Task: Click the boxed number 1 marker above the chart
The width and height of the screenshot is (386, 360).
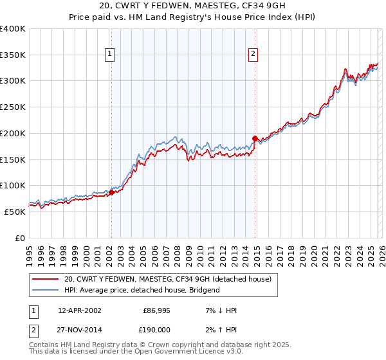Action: click(111, 55)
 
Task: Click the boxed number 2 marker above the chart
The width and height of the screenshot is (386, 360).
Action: click(254, 55)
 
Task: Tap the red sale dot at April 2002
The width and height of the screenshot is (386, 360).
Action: click(111, 192)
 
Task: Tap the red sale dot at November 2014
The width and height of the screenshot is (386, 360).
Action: click(255, 138)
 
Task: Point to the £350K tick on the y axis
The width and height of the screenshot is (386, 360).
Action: click(13, 55)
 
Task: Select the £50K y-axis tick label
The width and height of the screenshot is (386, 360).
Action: click(15, 212)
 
